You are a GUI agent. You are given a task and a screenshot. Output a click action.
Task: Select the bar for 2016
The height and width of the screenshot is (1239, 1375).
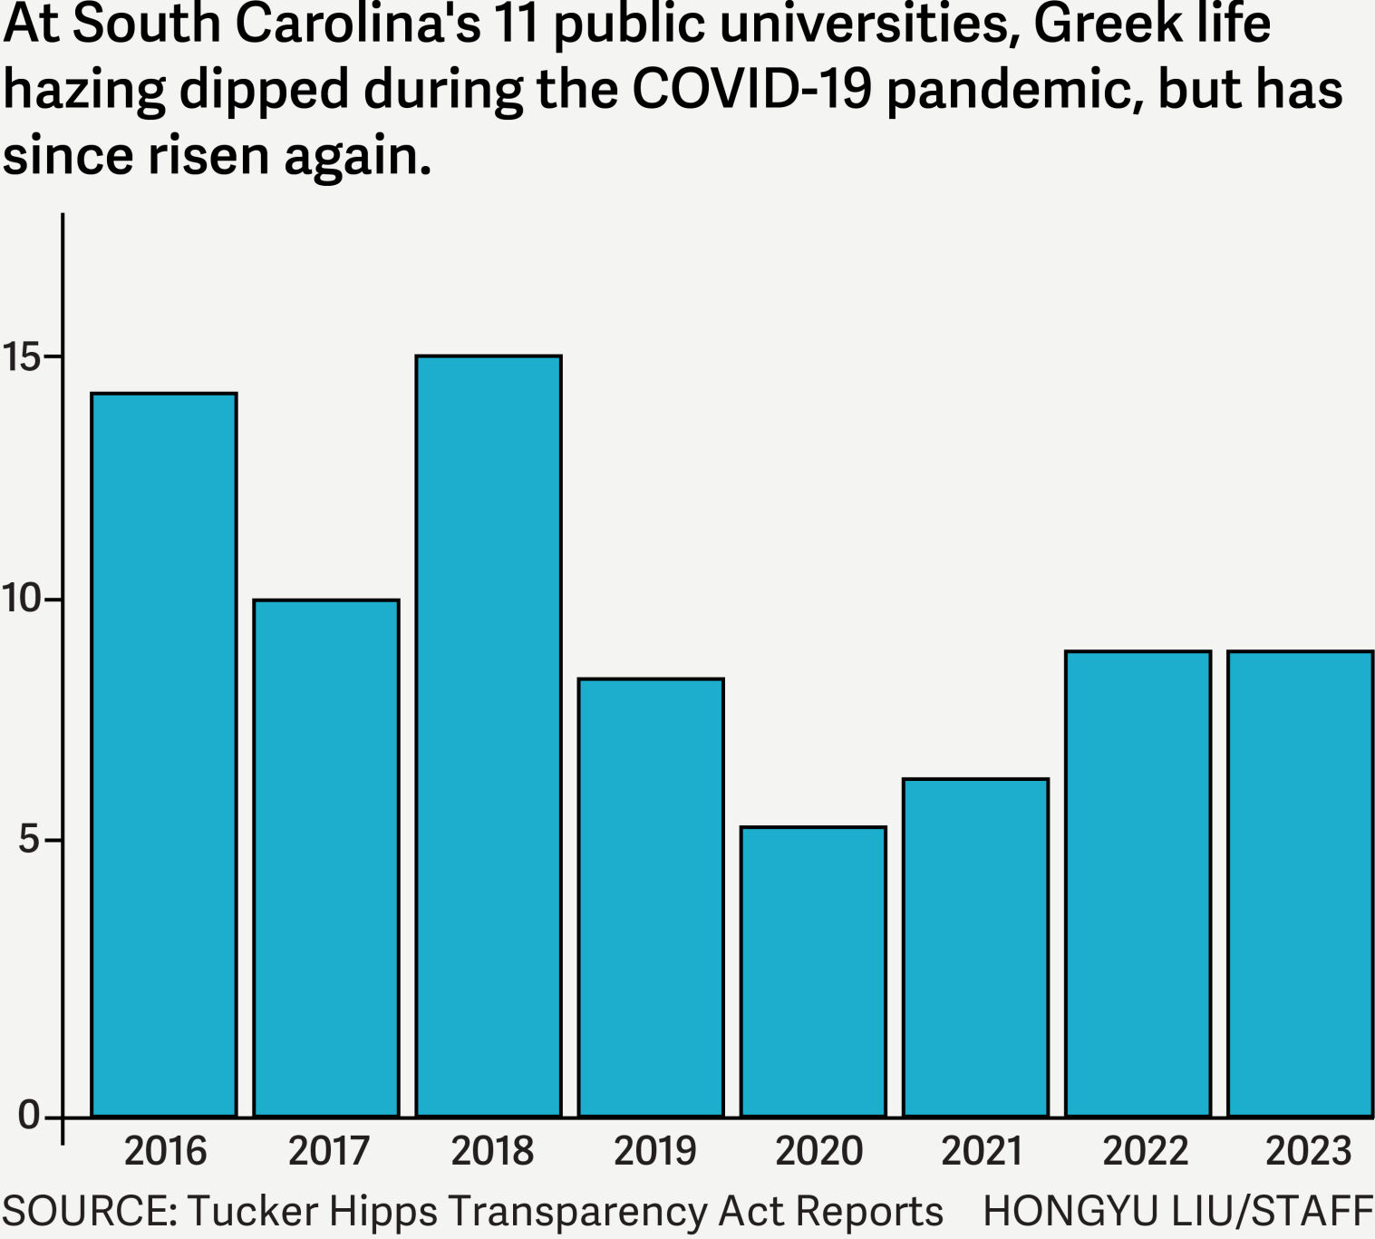[164, 755]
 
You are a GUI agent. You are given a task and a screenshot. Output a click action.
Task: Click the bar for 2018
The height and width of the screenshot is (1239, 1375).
[489, 736]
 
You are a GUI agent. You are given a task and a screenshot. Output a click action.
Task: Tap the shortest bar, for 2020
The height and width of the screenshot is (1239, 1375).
[813, 971]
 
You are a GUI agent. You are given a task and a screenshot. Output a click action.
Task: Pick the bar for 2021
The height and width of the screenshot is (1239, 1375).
[975, 947]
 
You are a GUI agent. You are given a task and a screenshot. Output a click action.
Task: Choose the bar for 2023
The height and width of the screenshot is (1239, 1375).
[1300, 883]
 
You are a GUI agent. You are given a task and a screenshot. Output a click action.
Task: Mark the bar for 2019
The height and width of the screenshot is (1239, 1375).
[651, 897]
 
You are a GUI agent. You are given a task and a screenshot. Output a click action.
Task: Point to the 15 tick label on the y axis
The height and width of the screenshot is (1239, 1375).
[22, 356]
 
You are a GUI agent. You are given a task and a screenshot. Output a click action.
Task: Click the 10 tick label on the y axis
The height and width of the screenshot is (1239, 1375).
[22, 599]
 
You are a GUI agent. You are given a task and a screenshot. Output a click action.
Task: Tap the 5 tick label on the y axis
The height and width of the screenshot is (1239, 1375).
[30, 840]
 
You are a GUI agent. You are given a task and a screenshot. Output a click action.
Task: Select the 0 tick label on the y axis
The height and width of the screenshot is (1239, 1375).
[30, 1115]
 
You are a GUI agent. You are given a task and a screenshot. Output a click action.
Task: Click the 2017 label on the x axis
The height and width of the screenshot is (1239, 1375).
[328, 1151]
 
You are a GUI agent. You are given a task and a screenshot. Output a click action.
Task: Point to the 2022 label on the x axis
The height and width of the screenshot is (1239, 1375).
[1145, 1151]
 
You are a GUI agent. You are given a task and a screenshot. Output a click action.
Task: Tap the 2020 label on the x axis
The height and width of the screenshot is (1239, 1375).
[818, 1151]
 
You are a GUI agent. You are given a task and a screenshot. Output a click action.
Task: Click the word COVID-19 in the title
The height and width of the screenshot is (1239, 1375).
[751, 90]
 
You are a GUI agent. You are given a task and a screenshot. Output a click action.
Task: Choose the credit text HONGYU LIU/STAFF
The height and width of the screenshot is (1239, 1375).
[1177, 1211]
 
